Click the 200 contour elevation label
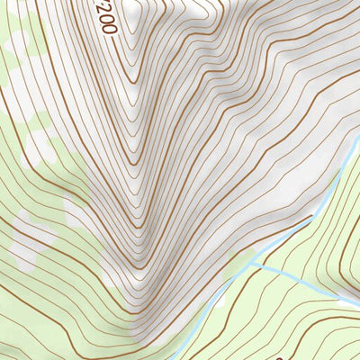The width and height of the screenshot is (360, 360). click(x=105, y=16)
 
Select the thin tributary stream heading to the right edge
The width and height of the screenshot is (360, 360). click(x=306, y=283)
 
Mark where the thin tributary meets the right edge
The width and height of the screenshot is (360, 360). click(x=358, y=302)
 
